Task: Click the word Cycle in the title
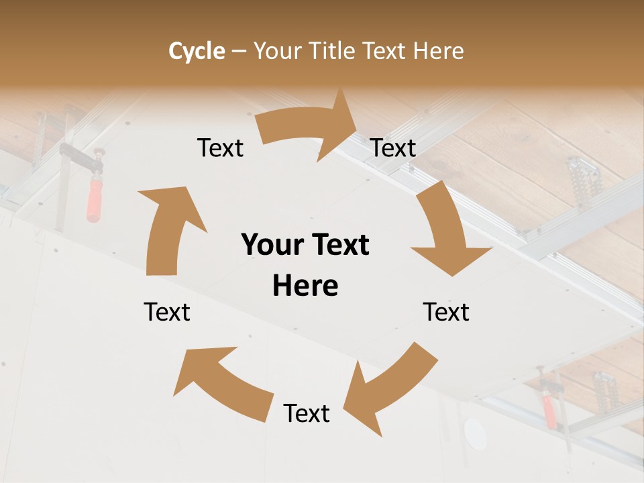(197, 51)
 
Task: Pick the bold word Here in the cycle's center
(305, 286)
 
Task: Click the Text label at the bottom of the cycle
(307, 414)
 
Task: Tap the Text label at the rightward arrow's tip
(394, 148)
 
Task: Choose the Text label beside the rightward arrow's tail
(221, 148)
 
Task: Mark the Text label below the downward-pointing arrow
(446, 312)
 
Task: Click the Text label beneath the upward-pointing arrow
(167, 312)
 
